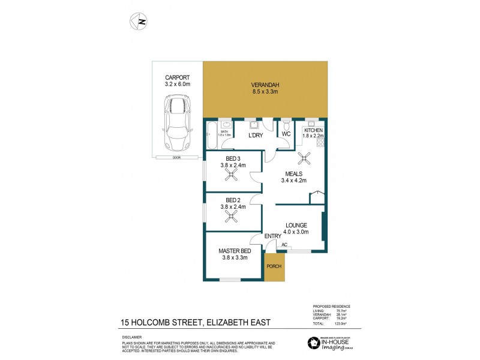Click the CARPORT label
point(178,77)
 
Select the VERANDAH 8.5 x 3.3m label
point(264,88)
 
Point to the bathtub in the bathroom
point(211,136)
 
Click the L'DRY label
point(256,136)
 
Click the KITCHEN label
point(314,130)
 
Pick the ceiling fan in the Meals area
point(304,158)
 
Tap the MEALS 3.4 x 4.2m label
point(295,176)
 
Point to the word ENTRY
point(273,236)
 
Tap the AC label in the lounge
point(284,244)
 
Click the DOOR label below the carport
point(176,157)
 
